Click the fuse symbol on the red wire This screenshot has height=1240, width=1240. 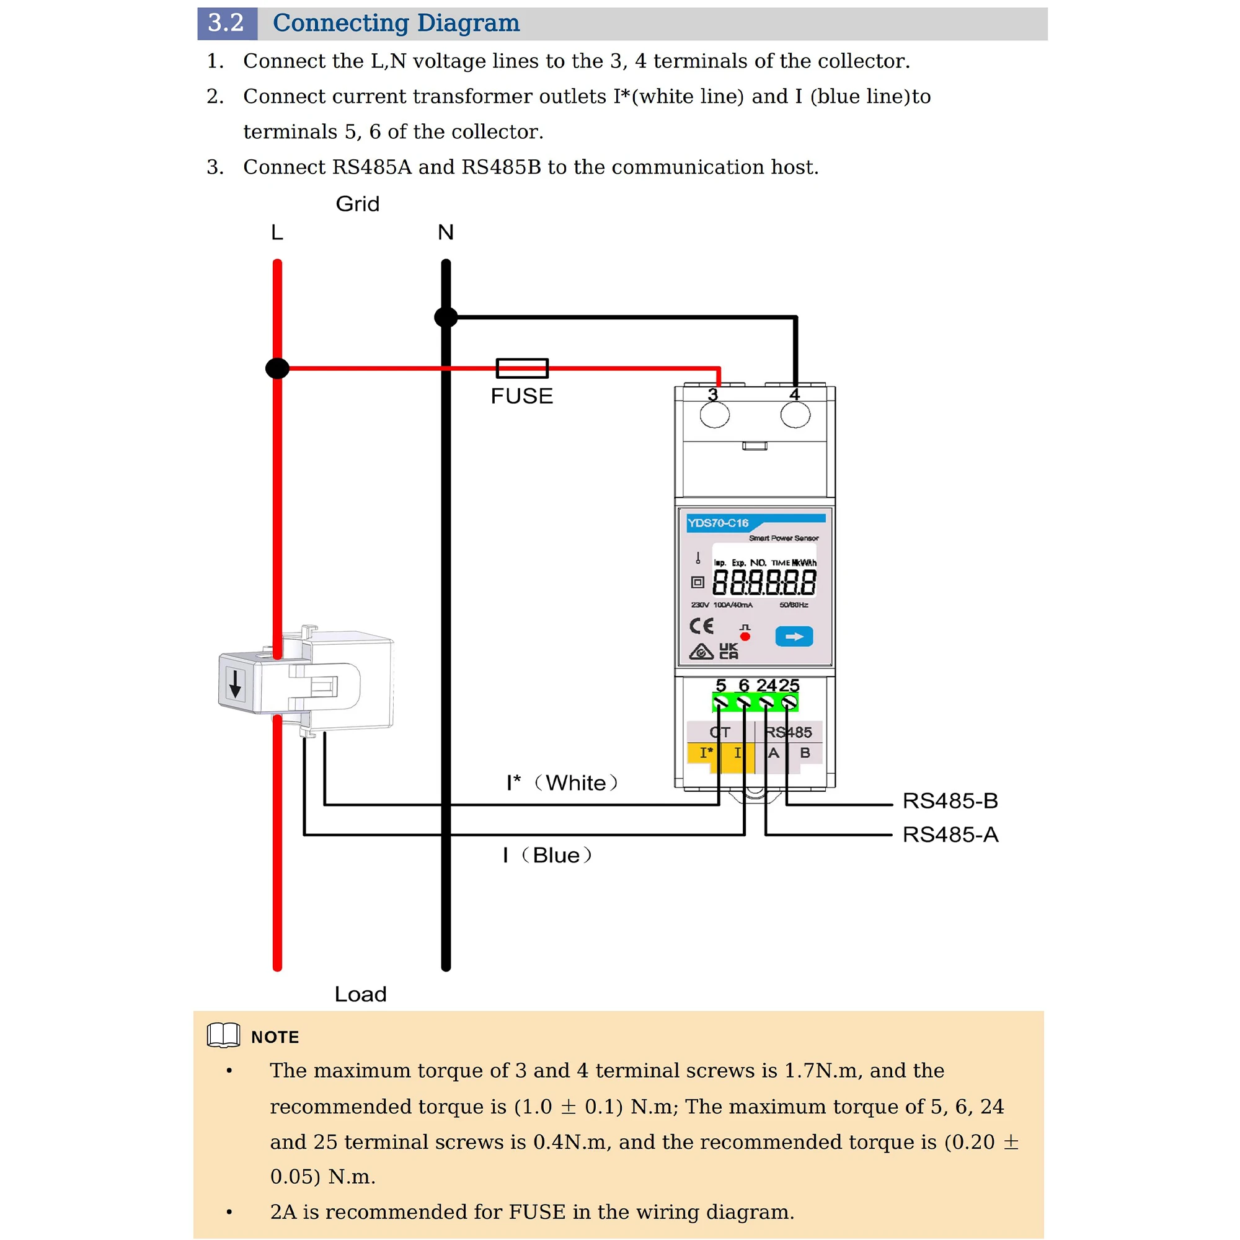pyautogui.click(x=522, y=368)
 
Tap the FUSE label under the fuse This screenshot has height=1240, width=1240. pyautogui.click(x=522, y=396)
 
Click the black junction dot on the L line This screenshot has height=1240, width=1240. pyautogui.click(x=277, y=368)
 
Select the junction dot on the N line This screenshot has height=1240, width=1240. pyautogui.click(x=446, y=316)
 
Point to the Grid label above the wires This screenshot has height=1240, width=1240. pyautogui.click(x=358, y=204)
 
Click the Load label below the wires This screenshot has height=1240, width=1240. pyautogui.click(x=360, y=994)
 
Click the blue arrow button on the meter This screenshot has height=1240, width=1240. pyautogui.click(x=794, y=637)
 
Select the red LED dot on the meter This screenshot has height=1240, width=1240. pyautogui.click(x=745, y=637)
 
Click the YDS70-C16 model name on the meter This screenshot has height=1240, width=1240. pyautogui.click(x=717, y=523)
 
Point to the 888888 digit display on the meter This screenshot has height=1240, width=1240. pyautogui.click(x=764, y=583)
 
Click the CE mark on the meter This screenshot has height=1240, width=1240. pyautogui.click(x=701, y=626)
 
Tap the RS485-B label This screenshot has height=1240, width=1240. pyautogui.click(x=950, y=801)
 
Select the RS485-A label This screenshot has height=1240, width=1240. pyautogui.click(x=950, y=835)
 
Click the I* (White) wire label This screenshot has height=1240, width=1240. pyautogui.click(x=562, y=783)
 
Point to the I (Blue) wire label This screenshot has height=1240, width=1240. pyautogui.click(x=547, y=855)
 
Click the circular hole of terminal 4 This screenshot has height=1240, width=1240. pyautogui.click(x=795, y=415)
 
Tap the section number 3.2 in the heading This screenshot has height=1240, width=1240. pyautogui.click(x=226, y=23)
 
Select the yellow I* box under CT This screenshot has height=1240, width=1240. pyautogui.click(x=705, y=752)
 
